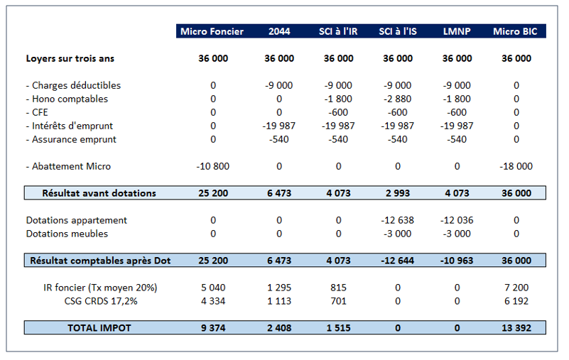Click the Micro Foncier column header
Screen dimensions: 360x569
pyautogui.click(x=212, y=31)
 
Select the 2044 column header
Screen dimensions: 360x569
pyautogui.click(x=278, y=31)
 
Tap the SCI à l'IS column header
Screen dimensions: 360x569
pyautogui.click(x=397, y=31)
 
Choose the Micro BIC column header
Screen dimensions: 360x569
pyautogui.click(x=516, y=31)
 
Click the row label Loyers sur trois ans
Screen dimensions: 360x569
pyautogui.click(x=70, y=59)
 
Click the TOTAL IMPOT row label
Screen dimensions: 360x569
pyautogui.click(x=99, y=328)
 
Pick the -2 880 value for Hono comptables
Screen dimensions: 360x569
pyautogui.click(x=397, y=99)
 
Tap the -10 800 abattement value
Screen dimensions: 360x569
pyautogui.click(x=212, y=166)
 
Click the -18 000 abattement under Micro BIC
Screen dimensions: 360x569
pyautogui.click(x=516, y=166)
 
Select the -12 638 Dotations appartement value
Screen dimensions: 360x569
pyautogui.click(x=397, y=220)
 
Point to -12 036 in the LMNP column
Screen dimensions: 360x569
pyautogui.click(x=456, y=220)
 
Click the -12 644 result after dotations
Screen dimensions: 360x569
pyautogui.click(x=397, y=261)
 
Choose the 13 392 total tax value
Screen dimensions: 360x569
pyautogui.click(x=516, y=328)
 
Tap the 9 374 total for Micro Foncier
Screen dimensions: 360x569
pyautogui.click(x=212, y=328)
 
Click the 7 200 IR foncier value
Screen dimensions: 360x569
pyautogui.click(x=516, y=288)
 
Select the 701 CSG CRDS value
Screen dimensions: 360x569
pyautogui.click(x=338, y=301)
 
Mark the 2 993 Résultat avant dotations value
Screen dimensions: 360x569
pyautogui.click(x=397, y=193)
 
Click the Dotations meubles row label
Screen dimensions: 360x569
pyautogui.click(x=67, y=234)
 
